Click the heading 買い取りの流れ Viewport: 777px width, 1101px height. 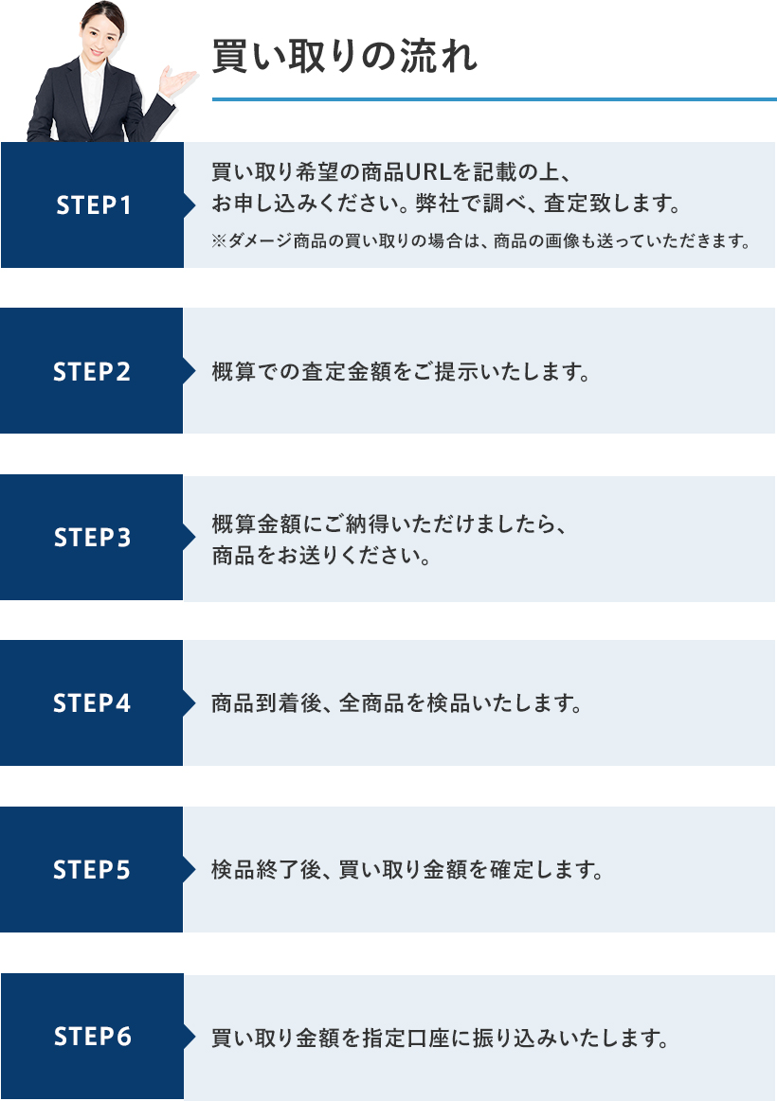(x=344, y=56)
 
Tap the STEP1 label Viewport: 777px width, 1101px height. (x=94, y=205)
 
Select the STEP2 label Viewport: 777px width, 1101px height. (x=92, y=371)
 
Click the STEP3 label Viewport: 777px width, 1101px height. (x=92, y=537)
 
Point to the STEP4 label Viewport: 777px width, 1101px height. (x=92, y=702)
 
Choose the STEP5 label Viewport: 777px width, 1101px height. (x=92, y=869)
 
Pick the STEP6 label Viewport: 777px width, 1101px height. (x=93, y=1036)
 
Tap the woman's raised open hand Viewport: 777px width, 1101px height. (x=175, y=80)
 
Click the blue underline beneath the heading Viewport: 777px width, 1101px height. (x=495, y=99)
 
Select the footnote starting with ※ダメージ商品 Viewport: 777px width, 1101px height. (x=480, y=240)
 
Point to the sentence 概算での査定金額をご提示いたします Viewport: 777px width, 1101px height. (x=401, y=371)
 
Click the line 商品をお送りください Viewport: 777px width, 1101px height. (x=321, y=556)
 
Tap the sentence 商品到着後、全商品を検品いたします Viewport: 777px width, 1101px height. (x=397, y=702)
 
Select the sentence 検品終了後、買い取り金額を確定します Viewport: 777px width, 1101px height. (x=407, y=869)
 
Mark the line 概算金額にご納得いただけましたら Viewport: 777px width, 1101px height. (x=388, y=524)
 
